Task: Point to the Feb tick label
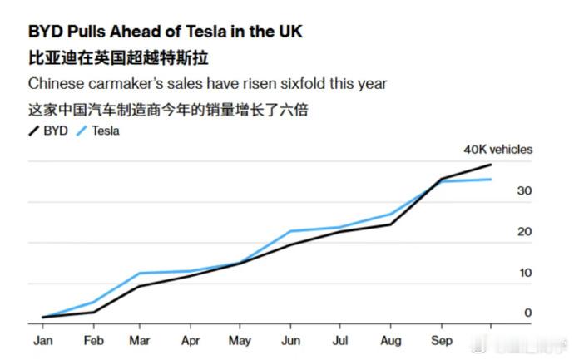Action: point(93,341)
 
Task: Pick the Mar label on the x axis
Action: point(141,341)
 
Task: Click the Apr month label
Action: point(191,341)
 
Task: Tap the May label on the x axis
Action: point(240,341)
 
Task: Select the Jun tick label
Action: point(291,341)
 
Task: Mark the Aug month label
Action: point(391,341)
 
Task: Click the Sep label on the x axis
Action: point(441,341)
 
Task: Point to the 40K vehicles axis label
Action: point(498,150)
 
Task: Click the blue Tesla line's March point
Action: point(141,273)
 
